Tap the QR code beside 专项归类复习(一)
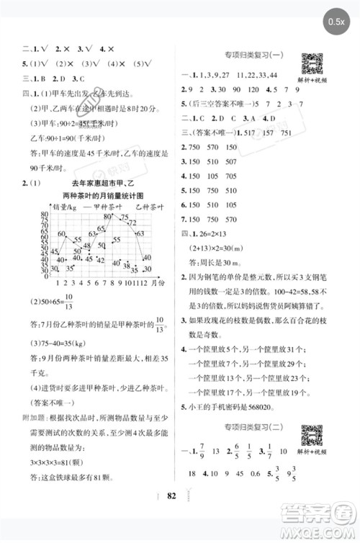pos(310,63)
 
